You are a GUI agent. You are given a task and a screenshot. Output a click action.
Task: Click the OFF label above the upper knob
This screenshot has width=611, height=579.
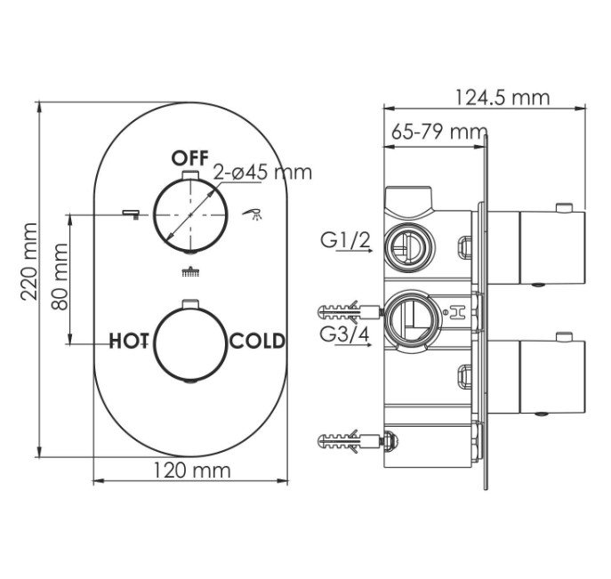pos(190,158)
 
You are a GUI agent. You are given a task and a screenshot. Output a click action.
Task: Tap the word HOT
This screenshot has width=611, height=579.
pos(129,341)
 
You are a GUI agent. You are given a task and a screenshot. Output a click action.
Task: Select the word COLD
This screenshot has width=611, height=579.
pos(257,341)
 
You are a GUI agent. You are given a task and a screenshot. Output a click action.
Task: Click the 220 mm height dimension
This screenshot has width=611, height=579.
pos(29,261)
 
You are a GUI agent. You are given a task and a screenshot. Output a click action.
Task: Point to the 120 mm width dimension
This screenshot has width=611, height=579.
pos(192,470)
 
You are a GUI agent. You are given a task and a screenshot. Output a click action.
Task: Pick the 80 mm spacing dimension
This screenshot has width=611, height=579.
pos(60,277)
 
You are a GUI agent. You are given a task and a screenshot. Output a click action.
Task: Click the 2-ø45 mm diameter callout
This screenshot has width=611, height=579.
pos(262,172)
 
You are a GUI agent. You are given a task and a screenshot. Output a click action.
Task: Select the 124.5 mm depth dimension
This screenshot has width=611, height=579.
pos(502,98)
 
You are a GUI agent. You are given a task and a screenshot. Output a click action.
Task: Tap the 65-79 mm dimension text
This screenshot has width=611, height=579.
pos(439,132)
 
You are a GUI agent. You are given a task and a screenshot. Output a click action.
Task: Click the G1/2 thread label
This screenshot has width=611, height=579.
pos(345,240)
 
